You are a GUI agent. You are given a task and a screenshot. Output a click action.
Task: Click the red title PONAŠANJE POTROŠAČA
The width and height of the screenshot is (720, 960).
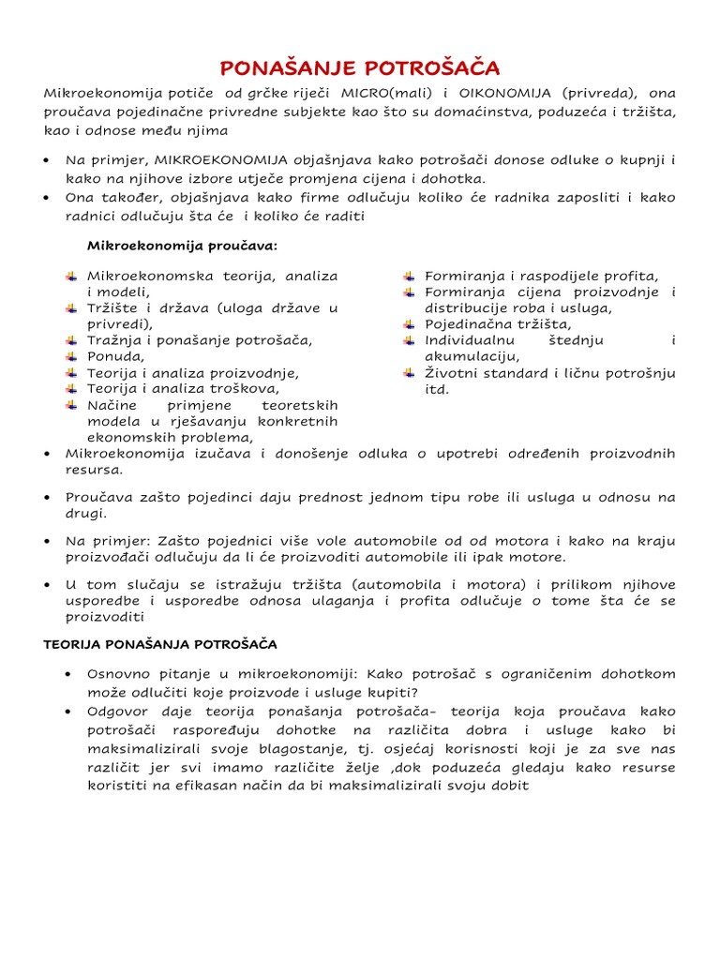point(360,67)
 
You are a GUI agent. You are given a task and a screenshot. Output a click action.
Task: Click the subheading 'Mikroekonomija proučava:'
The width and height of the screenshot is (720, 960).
point(183,246)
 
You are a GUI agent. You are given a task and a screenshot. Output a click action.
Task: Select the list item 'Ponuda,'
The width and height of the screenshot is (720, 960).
point(116,356)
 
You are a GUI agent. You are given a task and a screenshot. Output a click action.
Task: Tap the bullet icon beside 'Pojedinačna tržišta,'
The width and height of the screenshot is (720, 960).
point(409,324)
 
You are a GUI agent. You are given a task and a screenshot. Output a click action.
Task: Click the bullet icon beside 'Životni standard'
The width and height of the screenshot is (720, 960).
point(409,373)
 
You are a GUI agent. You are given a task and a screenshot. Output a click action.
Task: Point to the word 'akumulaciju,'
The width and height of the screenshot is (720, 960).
point(472,356)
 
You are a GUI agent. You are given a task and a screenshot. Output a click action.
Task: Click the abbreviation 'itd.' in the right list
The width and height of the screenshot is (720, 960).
point(437,389)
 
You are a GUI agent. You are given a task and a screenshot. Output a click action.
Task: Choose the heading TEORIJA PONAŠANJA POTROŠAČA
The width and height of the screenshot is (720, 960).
point(160,645)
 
